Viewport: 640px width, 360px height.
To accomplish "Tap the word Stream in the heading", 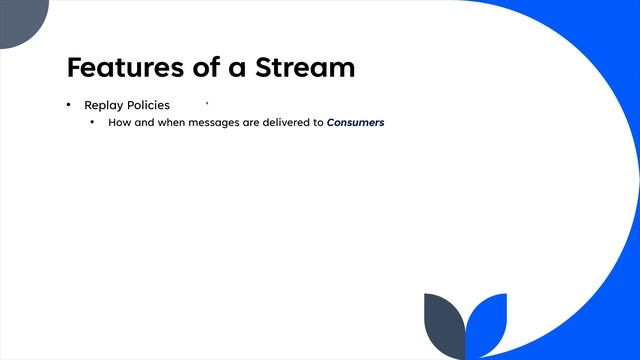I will [304, 68].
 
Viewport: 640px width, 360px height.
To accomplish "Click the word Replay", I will [103, 105].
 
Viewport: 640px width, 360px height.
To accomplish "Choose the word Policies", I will [148, 105].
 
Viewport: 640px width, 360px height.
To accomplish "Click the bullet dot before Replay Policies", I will [69, 105].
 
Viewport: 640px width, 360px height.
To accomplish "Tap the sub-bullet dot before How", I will [92, 122].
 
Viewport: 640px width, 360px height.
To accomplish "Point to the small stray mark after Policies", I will [206, 102].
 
